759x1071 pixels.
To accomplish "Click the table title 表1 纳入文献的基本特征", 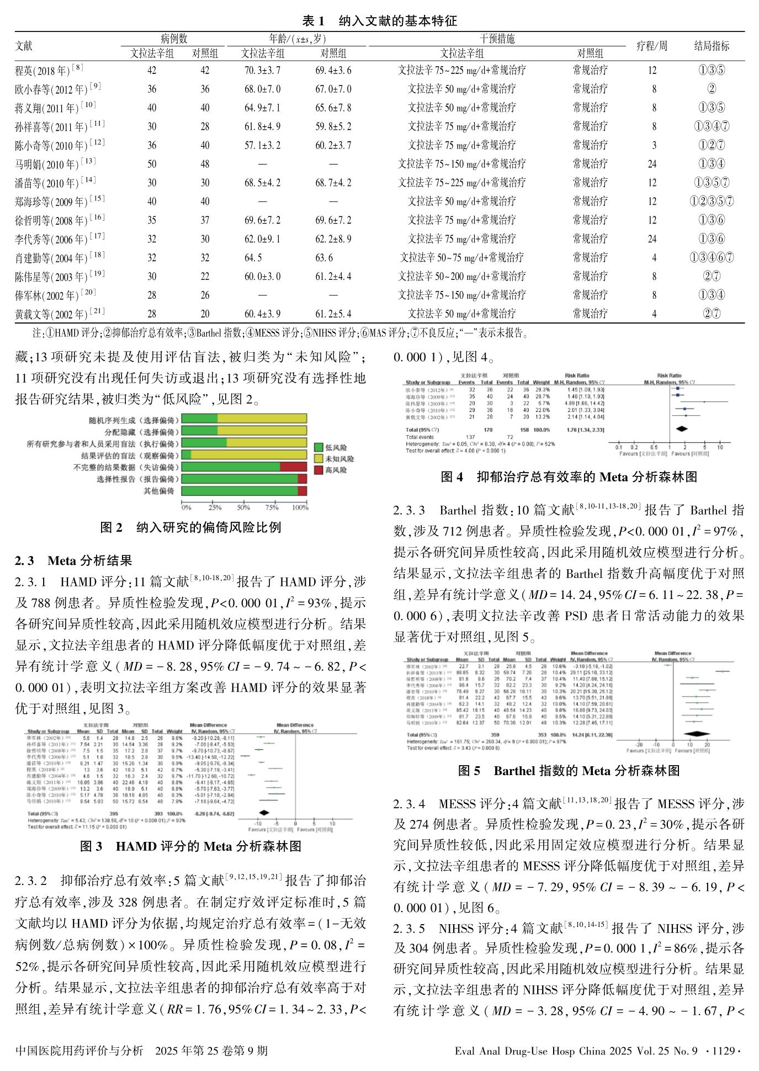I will [x=379, y=21].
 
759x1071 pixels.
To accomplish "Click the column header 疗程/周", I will [x=651, y=46].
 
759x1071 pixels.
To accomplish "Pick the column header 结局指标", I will [x=711, y=46].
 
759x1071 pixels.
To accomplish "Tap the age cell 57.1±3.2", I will [x=262, y=145].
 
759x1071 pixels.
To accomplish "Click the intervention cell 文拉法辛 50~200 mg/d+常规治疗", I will [x=461, y=276].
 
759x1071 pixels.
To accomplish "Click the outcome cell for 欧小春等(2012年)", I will [x=711, y=89].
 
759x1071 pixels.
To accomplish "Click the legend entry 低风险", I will [x=336, y=448].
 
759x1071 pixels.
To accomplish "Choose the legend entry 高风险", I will [x=336, y=470].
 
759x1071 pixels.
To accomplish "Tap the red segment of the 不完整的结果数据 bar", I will [x=293, y=467].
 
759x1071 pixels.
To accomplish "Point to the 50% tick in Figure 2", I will [x=243, y=507].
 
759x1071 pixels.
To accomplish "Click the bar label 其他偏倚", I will [x=159, y=491].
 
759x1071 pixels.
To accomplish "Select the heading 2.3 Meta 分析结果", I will [x=73, y=561].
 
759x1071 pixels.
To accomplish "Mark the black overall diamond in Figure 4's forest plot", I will [x=682, y=428].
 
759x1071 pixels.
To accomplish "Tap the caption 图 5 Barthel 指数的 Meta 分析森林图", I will [x=569, y=771].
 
